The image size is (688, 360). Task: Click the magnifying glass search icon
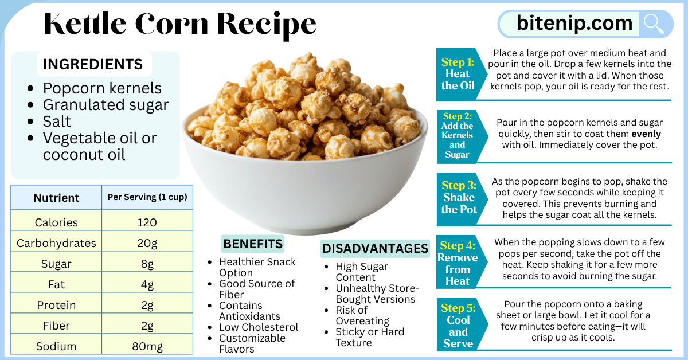click(654, 24)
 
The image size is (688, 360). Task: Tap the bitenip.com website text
click(574, 24)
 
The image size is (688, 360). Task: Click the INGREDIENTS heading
click(93, 64)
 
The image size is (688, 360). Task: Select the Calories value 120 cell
click(147, 222)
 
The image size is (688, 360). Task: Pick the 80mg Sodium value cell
click(147, 346)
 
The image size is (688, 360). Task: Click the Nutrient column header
click(56, 198)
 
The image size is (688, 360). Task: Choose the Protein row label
click(56, 305)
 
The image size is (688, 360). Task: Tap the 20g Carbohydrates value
click(147, 243)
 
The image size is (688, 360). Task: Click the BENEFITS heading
click(253, 244)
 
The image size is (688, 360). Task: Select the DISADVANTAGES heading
click(375, 248)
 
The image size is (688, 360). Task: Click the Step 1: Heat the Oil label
click(458, 74)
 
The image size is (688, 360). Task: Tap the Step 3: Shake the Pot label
click(459, 197)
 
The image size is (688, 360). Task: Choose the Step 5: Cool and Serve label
click(458, 326)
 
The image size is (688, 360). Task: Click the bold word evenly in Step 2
click(646, 134)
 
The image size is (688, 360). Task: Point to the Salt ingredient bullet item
click(57, 122)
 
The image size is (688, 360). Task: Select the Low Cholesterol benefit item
click(259, 327)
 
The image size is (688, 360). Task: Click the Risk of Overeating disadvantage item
click(362, 315)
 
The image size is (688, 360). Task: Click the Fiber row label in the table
click(56, 326)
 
